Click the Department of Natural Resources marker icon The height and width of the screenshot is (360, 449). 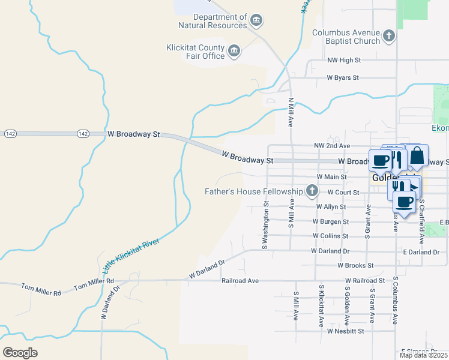pos(256,22)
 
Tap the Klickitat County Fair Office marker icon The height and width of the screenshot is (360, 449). pos(234,52)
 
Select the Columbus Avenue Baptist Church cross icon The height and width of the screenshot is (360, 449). pos(389,37)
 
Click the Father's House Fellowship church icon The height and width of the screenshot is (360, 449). pos(312,191)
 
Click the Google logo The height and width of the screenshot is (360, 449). pos(20,352)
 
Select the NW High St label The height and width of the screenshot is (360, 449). pos(344,61)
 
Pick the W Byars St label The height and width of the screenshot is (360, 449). pos(342,78)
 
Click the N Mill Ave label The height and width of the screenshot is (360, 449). pos(291,113)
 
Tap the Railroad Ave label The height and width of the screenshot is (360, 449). pos(240,281)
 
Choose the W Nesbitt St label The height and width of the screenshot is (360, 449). pos(346,331)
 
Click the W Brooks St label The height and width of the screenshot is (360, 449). pos(355,265)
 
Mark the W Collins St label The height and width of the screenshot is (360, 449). pos(330,236)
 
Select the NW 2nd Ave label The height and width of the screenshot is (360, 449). pos(332,146)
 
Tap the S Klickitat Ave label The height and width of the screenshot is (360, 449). pos(322,306)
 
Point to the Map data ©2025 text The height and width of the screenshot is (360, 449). pos(423,355)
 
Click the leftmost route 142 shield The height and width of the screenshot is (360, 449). pos(10,133)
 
